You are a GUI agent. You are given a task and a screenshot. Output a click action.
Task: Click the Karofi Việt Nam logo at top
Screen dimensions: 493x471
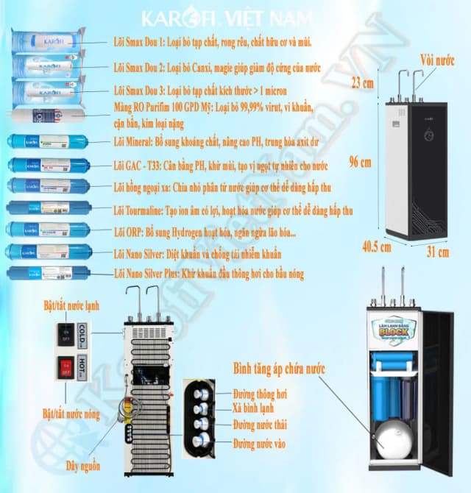coord(235,17)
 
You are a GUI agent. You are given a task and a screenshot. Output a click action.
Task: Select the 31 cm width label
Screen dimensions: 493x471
coord(437,252)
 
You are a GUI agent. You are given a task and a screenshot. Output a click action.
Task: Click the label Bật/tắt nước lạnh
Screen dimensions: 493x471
coord(71,305)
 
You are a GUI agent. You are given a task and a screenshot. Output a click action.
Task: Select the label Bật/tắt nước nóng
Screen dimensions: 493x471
coord(71,414)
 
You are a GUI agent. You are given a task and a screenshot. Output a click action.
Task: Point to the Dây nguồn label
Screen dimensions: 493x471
coord(83,466)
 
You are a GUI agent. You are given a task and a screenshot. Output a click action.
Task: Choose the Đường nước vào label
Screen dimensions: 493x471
coord(260,444)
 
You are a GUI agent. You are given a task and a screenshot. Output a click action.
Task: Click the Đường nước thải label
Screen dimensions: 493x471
coord(260,426)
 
